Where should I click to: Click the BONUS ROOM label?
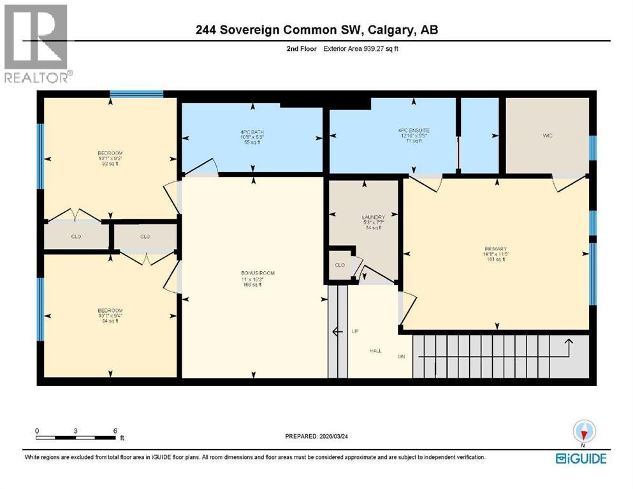click(x=254, y=273)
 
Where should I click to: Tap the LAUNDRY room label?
click(x=372, y=217)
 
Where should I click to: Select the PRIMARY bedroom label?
click(x=494, y=249)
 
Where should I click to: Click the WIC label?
click(x=546, y=135)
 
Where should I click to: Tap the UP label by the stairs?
click(x=355, y=331)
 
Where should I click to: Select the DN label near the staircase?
click(x=402, y=357)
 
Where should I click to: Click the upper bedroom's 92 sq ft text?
click(x=110, y=164)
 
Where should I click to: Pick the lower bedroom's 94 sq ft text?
click(x=110, y=320)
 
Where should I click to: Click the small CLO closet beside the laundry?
click(x=339, y=264)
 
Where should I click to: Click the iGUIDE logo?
click(x=580, y=458)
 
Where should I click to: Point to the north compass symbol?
click(x=583, y=432)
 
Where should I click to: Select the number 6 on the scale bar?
click(x=115, y=430)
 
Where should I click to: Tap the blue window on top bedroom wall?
click(x=136, y=94)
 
